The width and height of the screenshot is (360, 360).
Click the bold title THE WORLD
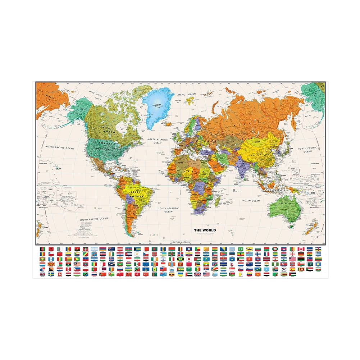[x=205, y=230]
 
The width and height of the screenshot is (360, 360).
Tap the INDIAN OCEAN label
[x=251, y=201]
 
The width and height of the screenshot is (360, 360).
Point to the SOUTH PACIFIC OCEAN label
[x=94, y=219]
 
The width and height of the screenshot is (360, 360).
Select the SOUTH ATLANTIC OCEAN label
[x=168, y=210]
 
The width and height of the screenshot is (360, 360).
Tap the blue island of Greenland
[x=158, y=104]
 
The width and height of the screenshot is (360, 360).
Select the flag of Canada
[x=301, y=249]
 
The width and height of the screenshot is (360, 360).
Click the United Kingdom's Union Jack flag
[x=197, y=274]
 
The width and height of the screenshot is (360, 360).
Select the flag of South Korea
[x=283, y=269]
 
